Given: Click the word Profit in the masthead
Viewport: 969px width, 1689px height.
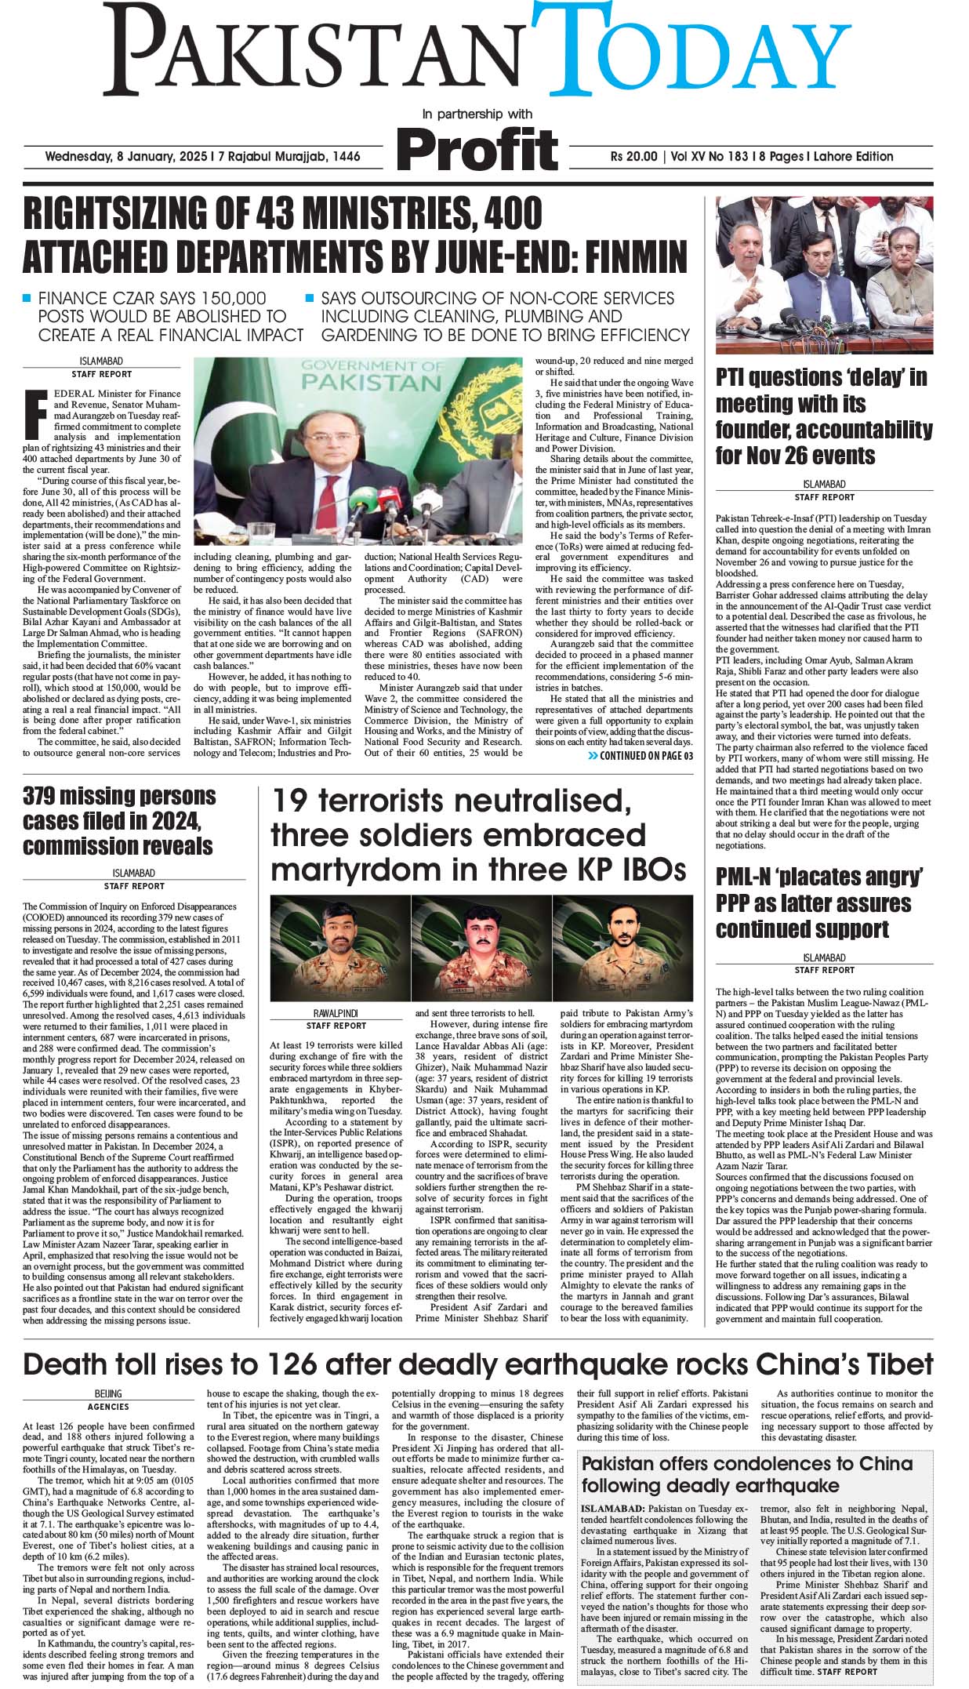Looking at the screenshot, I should point(478,147).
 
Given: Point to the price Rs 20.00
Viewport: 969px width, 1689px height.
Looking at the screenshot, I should point(633,156).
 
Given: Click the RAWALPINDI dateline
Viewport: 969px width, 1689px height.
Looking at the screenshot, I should point(336,1014).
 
